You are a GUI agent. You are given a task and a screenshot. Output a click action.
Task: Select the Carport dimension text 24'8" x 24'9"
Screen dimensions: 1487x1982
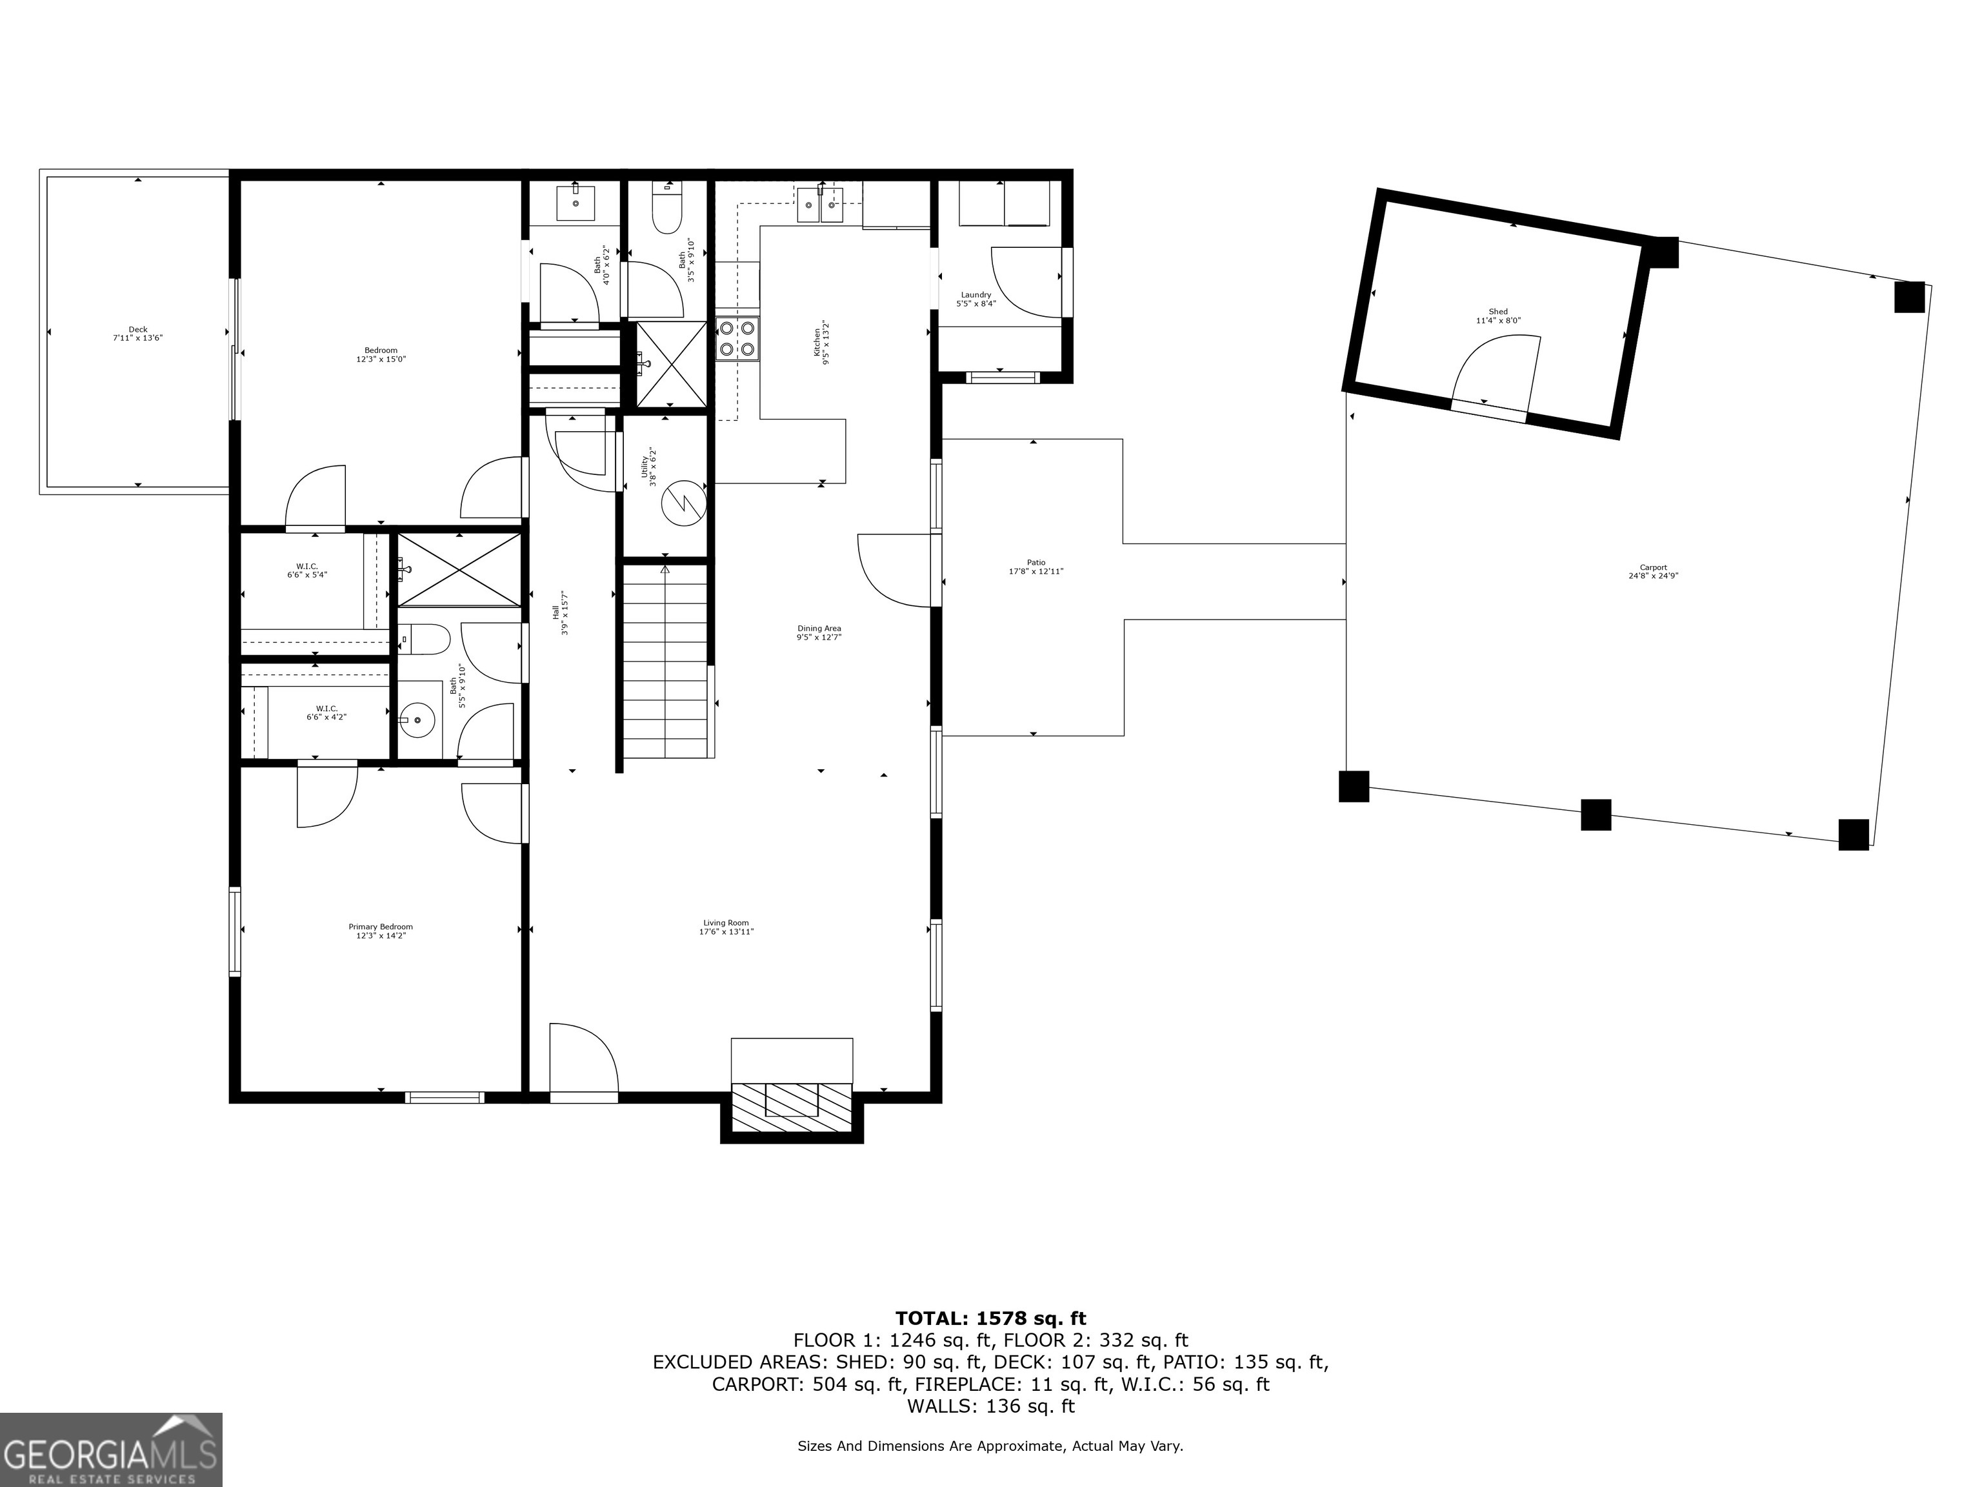tap(1653, 576)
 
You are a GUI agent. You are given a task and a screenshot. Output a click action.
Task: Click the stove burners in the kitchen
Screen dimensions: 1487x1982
tap(737, 339)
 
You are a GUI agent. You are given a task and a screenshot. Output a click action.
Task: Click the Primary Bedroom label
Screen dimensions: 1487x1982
tap(380, 927)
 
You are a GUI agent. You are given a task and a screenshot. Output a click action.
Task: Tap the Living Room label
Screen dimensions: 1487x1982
tap(726, 923)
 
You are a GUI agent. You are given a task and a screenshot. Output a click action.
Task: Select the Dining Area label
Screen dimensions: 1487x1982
tap(818, 629)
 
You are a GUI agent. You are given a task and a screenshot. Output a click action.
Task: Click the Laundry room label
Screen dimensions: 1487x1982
tap(976, 295)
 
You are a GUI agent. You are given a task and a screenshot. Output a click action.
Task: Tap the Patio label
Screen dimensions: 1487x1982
tap(1036, 563)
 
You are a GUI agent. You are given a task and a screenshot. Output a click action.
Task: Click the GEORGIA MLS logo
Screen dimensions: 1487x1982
tap(110, 1450)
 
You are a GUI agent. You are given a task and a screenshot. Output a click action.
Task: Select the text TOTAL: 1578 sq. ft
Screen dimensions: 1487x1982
tap(990, 1319)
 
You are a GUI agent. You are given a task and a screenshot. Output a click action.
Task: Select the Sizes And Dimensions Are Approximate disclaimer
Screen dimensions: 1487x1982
tap(990, 1446)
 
